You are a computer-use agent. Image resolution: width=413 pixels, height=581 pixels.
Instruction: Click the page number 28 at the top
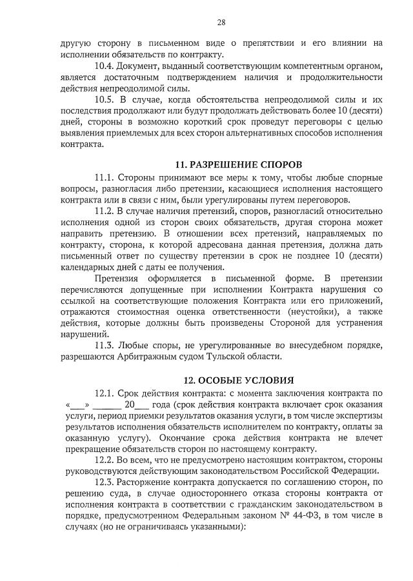click(221, 22)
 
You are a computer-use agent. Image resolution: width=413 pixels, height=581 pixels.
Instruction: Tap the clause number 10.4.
click(105, 66)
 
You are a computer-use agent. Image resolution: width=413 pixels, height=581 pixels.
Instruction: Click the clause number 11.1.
click(105, 177)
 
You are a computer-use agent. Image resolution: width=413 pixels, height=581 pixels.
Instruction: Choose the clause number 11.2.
click(105, 211)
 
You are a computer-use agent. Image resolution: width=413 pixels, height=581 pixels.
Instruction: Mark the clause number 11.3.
click(105, 345)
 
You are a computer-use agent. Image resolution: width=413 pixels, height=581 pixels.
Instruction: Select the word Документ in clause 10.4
click(140, 66)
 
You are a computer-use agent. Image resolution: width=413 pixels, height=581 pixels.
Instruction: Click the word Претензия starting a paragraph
click(118, 278)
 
